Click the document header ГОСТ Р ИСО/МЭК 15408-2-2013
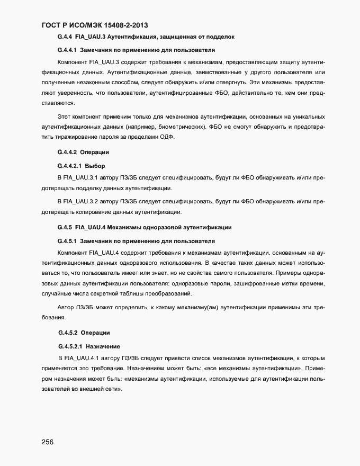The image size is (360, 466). pos(95,25)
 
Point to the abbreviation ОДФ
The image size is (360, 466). pos(172,138)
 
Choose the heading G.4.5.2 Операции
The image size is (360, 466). pos(84,333)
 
